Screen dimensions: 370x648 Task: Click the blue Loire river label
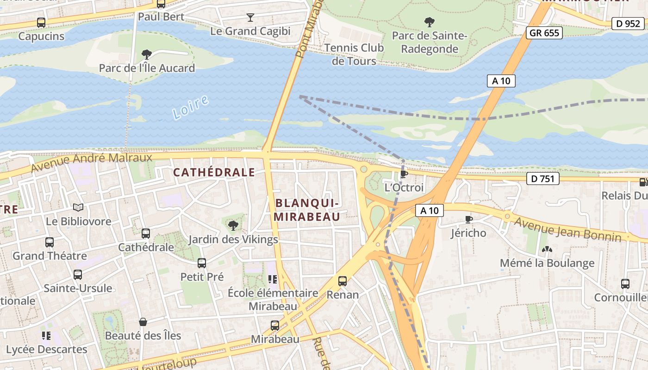click(x=190, y=108)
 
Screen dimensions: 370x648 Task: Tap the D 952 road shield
click(x=628, y=24)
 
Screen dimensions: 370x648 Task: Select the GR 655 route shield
click(x=544, y=33)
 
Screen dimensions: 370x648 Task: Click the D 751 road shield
click(x=542, y=179)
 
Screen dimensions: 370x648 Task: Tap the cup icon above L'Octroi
click(x=404, y=174)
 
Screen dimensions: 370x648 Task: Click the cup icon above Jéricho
click(x=468, y=219)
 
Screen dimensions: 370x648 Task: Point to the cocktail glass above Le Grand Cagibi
click(x=250, y=18)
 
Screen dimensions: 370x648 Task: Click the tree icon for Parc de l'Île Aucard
click(x=147, y=55)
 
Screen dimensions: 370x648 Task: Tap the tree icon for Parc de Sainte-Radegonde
click(x=430, y=22)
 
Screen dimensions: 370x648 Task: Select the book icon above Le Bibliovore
click(x=78, y=208)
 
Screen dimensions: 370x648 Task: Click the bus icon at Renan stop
click(x=343, y=281)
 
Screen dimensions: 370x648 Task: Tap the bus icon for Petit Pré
click(x=202, y=263)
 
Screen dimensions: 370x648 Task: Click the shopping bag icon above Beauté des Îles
click(x=143, y=322)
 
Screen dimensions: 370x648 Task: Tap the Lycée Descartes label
click(x=46, y=349)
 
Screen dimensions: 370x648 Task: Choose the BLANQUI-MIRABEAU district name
click(x=307, y=210)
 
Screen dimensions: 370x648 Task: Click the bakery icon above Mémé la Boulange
click(x=547, y=249)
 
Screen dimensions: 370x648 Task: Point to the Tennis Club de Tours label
click(x=354, y=54)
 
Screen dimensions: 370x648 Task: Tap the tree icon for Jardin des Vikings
click(x=233, y=226)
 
